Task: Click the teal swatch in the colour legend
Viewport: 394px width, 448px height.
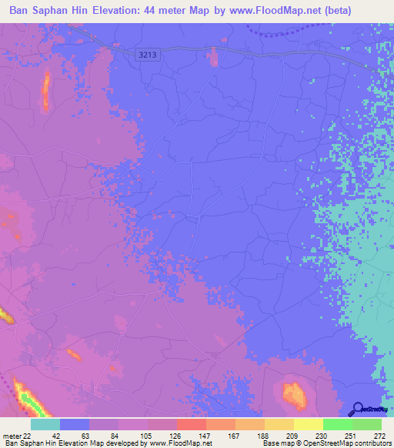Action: (x=45, y=424)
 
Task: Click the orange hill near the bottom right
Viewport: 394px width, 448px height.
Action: (x=293, y=394)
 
